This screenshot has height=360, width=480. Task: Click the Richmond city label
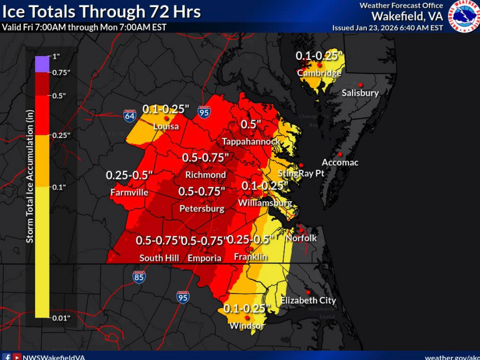click(205, 175)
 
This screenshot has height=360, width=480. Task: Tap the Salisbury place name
click(360, 93)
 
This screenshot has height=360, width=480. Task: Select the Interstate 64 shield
click(130, 115)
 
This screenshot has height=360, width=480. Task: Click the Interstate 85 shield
click(139, 276)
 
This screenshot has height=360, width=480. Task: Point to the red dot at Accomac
click(341, 154)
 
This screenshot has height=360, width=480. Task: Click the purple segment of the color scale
click(42, 64)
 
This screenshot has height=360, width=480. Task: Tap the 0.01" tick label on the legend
click(61, 318)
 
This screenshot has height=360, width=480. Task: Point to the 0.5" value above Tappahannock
click(250, 125)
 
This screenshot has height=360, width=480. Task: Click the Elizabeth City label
click(308, 301)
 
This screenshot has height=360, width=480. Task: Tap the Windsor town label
click(247, 326)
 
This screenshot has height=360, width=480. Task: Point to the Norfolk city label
click(301, 238)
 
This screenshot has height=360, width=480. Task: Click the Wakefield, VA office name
click(407, 16)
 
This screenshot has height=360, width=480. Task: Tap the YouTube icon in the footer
click(17, 357)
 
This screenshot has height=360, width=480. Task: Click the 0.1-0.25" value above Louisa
click(166, 109)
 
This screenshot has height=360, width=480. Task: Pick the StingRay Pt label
click(301, 173)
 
